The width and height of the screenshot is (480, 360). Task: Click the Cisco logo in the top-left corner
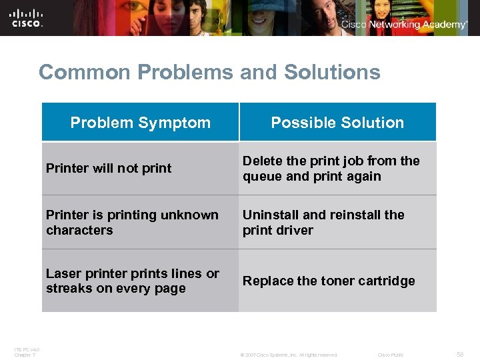pos(27,17)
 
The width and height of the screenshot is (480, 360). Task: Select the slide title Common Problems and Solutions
pos(209,72)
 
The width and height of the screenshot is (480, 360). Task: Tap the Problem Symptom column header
pos(140,123)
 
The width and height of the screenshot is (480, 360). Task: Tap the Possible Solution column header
pos(337,123)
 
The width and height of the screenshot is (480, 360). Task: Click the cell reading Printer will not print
pos(109,169)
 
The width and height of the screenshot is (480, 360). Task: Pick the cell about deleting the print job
pos(331,169)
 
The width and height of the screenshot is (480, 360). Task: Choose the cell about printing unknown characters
pos(132,223)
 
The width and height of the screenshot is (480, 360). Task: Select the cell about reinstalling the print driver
pos(323,223)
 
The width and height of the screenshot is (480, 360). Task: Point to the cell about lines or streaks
pos(132,281)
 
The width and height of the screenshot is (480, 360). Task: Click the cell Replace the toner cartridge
pos(329,281)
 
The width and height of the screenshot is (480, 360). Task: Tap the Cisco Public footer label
pos(391,355)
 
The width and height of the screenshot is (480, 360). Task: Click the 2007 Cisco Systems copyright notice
pos(289,355)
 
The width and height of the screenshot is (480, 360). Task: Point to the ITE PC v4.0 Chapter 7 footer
pos(27,352)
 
